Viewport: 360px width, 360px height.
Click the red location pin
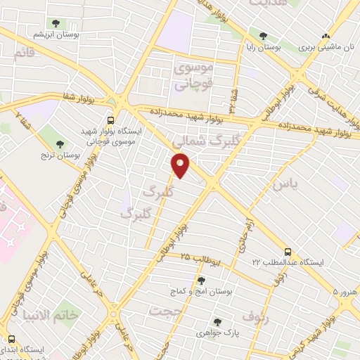181,165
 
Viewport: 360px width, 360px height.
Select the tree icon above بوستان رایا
263,35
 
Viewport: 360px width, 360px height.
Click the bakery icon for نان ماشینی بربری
325,36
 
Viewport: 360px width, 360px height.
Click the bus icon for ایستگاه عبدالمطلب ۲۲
287,251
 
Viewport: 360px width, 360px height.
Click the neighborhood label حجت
165,309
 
